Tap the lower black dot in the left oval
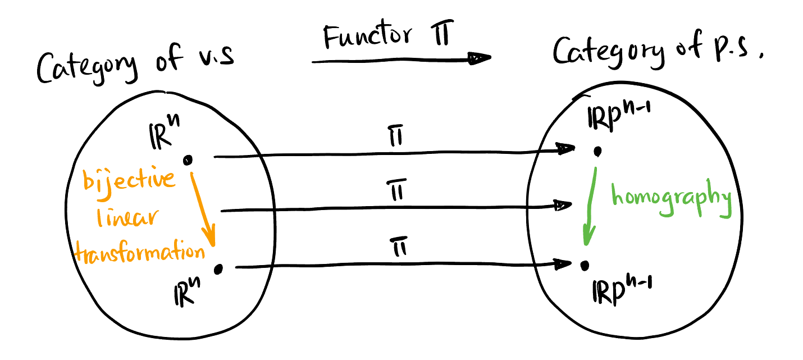[x=218, y=270]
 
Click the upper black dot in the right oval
[x=598, y=151]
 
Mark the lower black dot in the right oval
[x=585, y=264]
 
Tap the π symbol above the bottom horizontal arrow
[x=399, y=248]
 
